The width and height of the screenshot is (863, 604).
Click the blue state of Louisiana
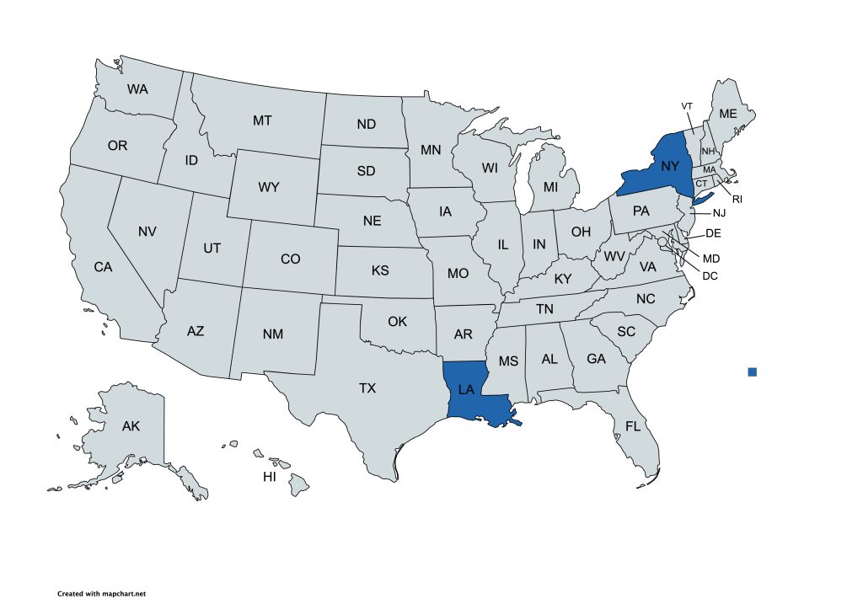[x=472, y=392]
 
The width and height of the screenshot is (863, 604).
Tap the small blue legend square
[x=753, y=371]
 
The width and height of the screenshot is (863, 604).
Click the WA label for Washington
[x=138, y=88]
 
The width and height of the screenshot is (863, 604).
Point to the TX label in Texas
[x=367, y=388]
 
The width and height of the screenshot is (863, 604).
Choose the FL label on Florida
[x=633, y=426]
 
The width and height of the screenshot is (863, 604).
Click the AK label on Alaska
[x=131, y=426]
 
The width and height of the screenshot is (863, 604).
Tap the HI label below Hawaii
[x=270, y=477]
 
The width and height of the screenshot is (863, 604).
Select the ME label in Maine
[x=727, y=114]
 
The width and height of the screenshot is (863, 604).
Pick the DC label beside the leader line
[x=710, y=275]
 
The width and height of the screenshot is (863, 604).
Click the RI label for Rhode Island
[x=736, y=200]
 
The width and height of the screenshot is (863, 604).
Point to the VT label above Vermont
[x=687, y=105]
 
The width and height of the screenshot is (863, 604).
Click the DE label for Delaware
[x=713, y=233]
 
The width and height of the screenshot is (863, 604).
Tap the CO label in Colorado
[x=290, y=259]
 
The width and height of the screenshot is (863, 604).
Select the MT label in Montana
[x=262, y=120]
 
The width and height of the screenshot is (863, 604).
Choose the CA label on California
[x=103, y=267]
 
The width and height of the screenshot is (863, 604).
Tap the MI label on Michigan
[x=550, y=186]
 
